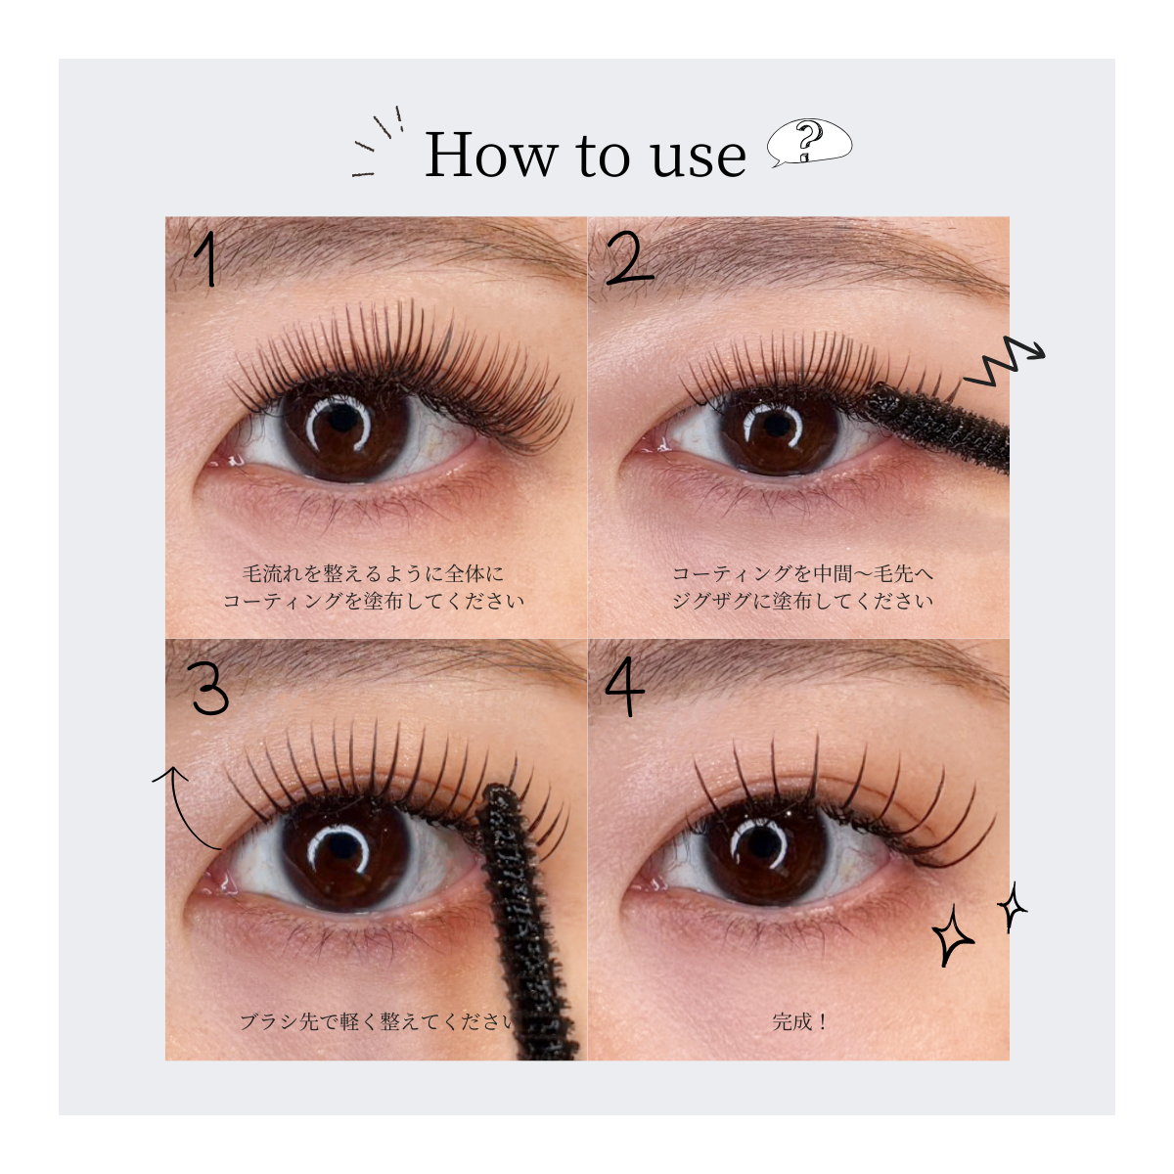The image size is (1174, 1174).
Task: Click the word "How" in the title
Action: (491, 155)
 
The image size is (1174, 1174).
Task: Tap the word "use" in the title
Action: (699, 159)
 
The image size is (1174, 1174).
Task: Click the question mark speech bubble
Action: (809, 143)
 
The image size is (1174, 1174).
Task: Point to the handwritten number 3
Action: (208, 688)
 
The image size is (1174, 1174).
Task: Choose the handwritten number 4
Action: (625, 690)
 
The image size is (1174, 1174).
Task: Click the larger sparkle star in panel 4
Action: (952, 939)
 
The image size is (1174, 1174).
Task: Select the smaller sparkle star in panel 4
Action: (1012, 907)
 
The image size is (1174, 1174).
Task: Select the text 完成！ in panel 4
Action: (798, 1021)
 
